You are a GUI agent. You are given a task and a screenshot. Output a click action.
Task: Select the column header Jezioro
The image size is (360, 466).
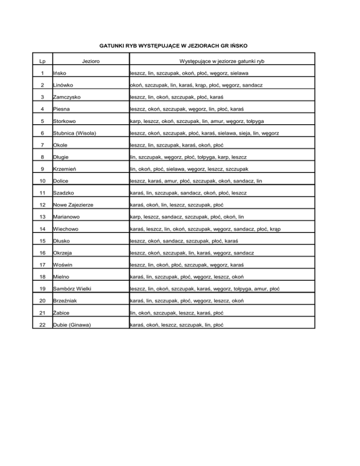tap(89, 61)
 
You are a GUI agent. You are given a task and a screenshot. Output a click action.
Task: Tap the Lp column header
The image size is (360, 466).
tap(43, 61)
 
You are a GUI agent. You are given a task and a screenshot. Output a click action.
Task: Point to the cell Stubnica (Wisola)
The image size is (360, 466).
tap(75, 133)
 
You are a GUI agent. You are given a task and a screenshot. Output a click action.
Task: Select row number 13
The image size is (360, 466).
tap(43, 218)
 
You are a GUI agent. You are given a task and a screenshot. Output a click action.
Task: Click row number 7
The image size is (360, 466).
tap(43, 145)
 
